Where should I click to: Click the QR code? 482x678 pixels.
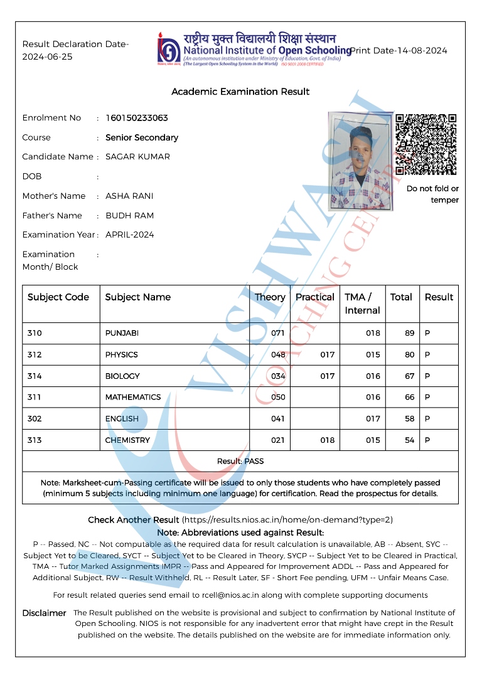pyautogui.click(x=426, y=145)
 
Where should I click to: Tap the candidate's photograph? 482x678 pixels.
pyautogui.click(x=360, y=161)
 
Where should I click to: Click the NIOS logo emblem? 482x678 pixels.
pyautogui.click(x=168, y=48)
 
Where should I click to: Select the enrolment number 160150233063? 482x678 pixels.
pyautogui.click(x=136, y=118)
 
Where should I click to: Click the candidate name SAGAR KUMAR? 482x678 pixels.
pyautogui.click(x=137, y=157)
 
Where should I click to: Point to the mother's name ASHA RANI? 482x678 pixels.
pyautogui.click(x=129, y=196)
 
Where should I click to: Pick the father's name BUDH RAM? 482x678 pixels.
pyautogui.click(x=129, y=215)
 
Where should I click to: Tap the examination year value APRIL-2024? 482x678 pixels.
pyautogui.click(x=129, y=235)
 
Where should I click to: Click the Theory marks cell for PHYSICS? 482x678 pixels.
pyautogui.click(x=278, y=354)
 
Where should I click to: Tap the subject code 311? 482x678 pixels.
pyautogui.click(x=35, y=397)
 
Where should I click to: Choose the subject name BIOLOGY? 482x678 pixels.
pyautogui.click(x=122, y=376)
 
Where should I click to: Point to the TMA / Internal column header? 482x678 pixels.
pyautogui.click(x=362, y=304)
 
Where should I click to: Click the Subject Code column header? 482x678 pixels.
pyautogui.click(x=58, y=297)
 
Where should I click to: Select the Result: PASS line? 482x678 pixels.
pyautogui.click(x=240, y=461)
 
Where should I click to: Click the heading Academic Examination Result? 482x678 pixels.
pyautogui.click(x=240, y=92)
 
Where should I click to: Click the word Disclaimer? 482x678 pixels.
pyautogui.click(x=44, y=613)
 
